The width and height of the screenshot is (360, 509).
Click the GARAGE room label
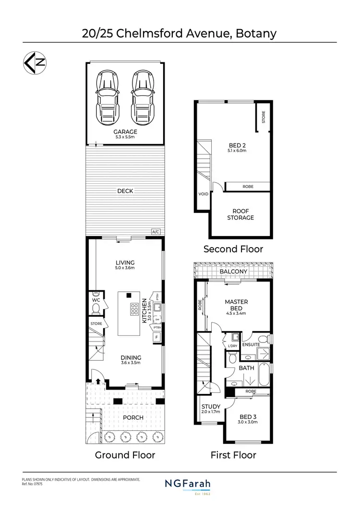pos(125,132)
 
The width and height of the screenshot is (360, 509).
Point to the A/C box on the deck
pos(156,232)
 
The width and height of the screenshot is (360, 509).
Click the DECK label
pos(125,191)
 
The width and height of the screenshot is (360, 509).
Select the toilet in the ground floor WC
pos(96,308)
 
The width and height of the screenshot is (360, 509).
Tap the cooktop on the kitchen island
pos(131,312)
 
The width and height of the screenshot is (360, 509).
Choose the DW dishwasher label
pos(157,319)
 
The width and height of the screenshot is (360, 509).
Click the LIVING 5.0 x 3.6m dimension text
pos(125,268)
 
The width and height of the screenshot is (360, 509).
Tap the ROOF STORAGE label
pos(243,214)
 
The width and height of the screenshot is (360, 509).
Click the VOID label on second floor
pos(203,194)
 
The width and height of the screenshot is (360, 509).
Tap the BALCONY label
pos(233,272)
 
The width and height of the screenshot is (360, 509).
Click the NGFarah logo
pos(191,485)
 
